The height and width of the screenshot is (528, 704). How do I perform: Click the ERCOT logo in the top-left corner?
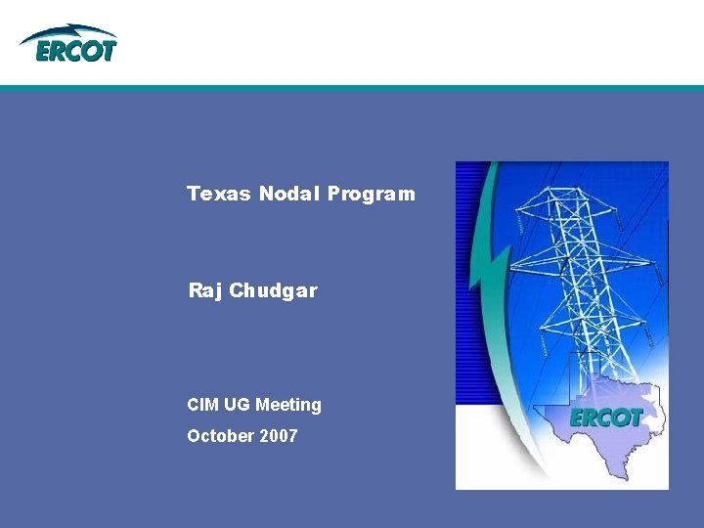(x=68, y=43)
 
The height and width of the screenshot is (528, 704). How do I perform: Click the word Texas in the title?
(x=219, y=194)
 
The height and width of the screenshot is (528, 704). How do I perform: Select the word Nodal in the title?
(x=289, y=194)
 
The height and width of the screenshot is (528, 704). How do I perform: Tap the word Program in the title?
(x=372, y=194)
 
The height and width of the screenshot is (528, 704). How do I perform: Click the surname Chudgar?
(x=274, y=290)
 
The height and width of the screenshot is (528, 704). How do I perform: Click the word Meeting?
(x=288, y=404)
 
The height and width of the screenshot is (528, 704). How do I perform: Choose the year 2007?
(x=279, y=435)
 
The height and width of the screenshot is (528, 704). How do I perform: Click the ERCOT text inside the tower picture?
(x=606, y=418)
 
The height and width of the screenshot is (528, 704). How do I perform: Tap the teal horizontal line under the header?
(x=352, y=88)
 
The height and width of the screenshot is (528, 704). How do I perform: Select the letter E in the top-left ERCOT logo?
(x=45, y=51)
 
